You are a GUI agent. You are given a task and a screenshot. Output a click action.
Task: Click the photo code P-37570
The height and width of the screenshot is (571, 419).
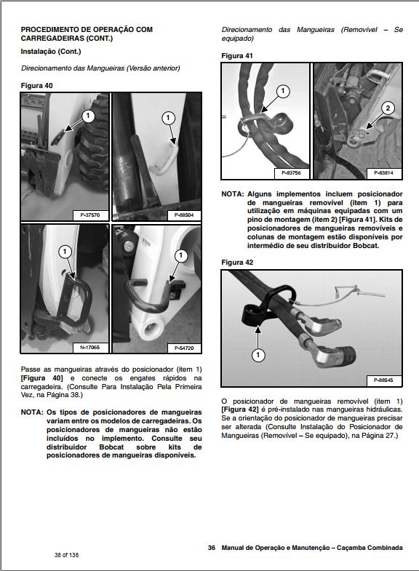[90, 215]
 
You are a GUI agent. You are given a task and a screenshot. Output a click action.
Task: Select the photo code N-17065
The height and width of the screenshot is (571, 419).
[90, 348]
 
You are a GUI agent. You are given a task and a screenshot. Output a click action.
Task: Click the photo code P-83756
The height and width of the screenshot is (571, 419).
[291, 173]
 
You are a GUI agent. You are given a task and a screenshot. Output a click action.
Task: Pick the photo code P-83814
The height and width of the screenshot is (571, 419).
[383, 173]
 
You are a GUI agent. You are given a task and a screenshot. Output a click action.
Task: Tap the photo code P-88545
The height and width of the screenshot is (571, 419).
[383, 380]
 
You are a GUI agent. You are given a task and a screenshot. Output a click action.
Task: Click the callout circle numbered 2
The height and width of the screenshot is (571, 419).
[388, 108]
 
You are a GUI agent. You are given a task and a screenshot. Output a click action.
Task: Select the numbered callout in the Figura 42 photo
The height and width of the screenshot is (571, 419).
[258, 355]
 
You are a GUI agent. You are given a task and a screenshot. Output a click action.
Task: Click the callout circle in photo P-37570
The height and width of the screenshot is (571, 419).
[88, 116]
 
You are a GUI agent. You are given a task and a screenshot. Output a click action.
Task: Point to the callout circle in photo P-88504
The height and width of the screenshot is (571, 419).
[168, 118]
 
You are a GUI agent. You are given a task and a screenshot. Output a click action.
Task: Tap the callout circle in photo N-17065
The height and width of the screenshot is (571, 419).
[65, 251]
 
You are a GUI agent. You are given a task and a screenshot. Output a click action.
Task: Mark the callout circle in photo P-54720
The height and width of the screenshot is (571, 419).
[181, 255]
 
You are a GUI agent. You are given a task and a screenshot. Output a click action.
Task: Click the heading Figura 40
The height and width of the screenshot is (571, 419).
[37, 86]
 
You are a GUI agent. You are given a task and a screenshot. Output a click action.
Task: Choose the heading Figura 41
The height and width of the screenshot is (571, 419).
[237, 56]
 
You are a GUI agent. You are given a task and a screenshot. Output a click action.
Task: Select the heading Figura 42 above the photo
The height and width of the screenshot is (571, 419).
[237, 262]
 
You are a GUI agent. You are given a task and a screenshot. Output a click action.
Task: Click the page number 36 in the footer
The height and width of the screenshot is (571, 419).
[212, 548]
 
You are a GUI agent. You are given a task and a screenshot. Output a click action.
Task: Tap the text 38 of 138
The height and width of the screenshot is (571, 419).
[67, 555]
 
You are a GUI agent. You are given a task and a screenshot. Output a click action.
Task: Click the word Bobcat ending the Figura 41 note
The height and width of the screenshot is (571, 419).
[365, 245]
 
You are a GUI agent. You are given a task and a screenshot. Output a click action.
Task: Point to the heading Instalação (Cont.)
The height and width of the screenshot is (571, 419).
[51, 52]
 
